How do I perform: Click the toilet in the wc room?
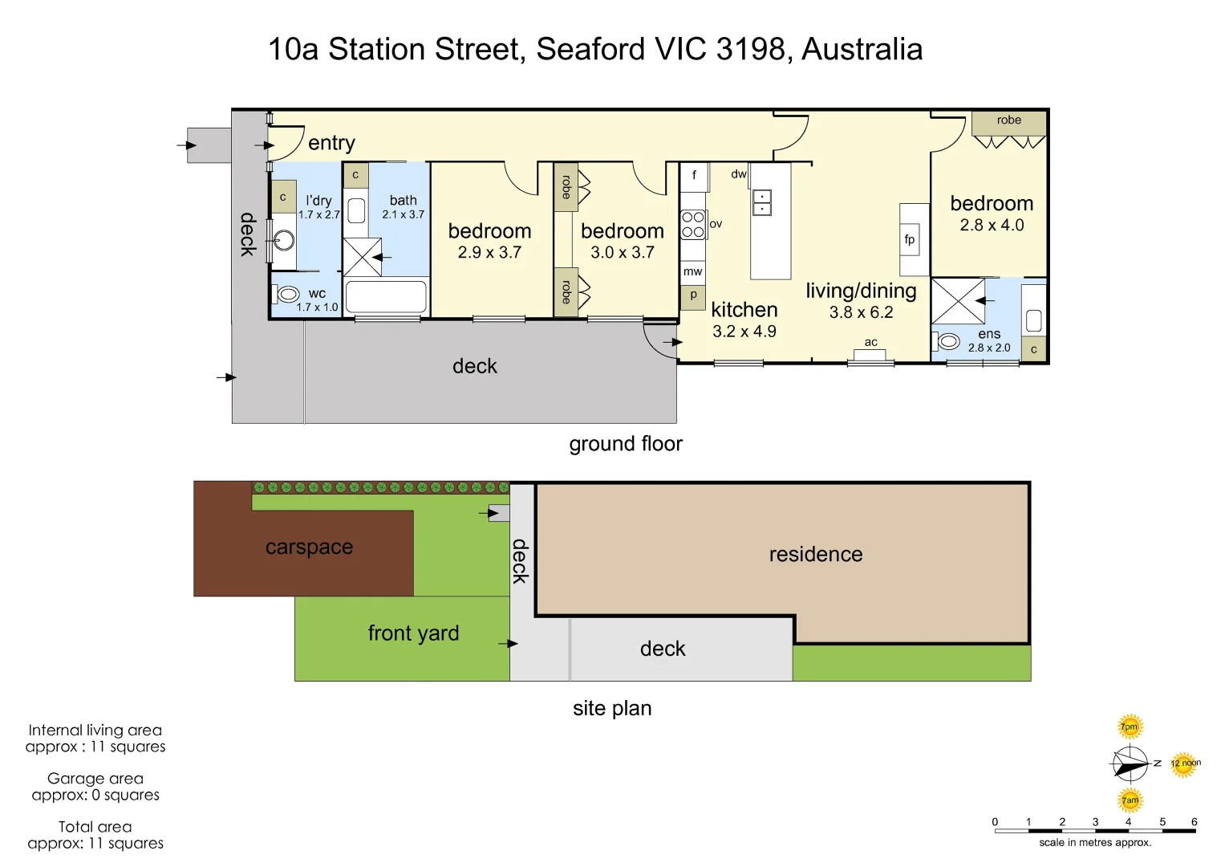point(288,295)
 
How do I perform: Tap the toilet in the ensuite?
point(948,342)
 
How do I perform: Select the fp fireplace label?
point(909,239)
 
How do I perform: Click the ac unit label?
point(870,343)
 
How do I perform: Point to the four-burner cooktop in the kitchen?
point(692,225)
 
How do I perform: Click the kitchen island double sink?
point(761,203)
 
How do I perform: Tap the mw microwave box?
point(692,272)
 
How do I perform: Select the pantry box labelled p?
point(693,295)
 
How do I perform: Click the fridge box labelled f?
point(694,175)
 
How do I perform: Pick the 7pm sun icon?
point(1130,727)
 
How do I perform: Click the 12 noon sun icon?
point(1183,763)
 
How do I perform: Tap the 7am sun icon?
point(1130,800)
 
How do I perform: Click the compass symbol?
point(1130,763)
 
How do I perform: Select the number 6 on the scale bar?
point(1194,822)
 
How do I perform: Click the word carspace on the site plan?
point(309,547)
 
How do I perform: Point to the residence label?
point(815,555)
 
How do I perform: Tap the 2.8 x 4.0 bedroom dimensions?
point(992,226)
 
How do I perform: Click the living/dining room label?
point(861,291)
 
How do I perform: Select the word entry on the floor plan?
point(331,143)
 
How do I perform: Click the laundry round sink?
point(283,240)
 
